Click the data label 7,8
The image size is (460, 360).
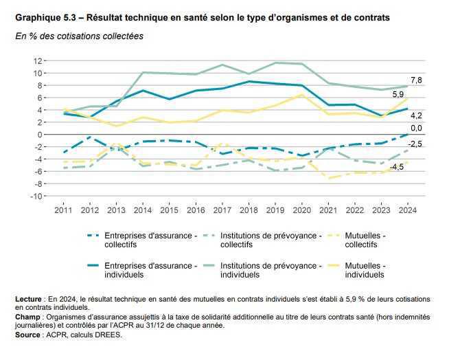(x=416, y=80)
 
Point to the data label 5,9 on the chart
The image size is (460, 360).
(x=398, y=94)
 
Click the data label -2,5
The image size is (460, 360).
(x=415, y=143)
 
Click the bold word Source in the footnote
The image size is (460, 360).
(x=30, y=335)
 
